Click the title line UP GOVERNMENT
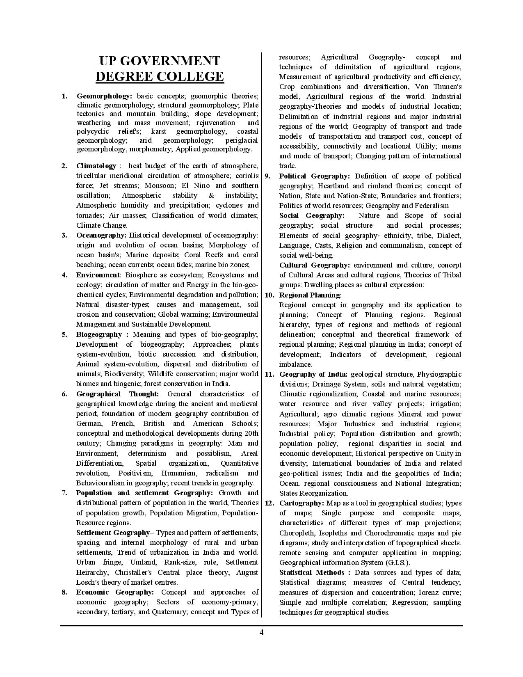coord(160,61)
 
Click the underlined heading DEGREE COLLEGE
coord(160,77)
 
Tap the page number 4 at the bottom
coord(261,632)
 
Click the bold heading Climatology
coord(96,166)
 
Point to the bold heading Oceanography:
coord(101,235)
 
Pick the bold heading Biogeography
coord(99,334)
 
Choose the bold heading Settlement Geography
coord(113,533)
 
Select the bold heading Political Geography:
coord(315,176)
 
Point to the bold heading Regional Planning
coord(310,295)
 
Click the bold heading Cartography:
coord(302,503)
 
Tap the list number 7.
coord(64,493)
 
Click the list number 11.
coord(269,374)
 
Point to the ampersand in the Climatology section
coord(211,196)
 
